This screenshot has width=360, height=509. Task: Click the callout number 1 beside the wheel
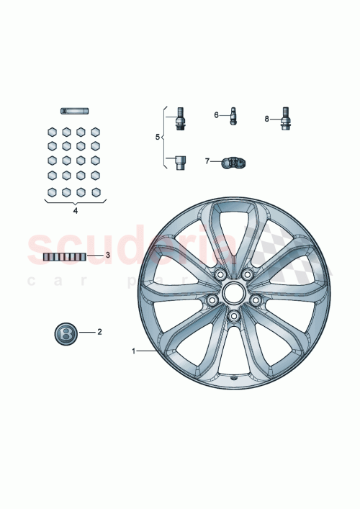pyautogui.click(x=133, y=351)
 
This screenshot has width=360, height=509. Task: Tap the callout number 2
pyautogui.click(x=99, y=332)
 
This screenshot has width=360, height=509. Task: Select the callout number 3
pyautogui.click(x=107, y=255)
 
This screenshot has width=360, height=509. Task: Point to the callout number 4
pyautogui.click(x=75, y=211)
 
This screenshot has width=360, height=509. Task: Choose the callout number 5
pyautogui.click(x=159, y=136)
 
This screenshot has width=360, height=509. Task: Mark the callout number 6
pyautogui.click(x=216, y=114)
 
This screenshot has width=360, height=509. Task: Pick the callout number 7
pyautogui.click(x=207, y=161)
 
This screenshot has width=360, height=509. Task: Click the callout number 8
pyautogui.click(x=266, y=119)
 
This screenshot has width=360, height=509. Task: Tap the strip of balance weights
pyautogui.click(x=64, y=256)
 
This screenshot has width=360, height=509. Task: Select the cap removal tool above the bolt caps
pyautogui.click(x=74, y=111)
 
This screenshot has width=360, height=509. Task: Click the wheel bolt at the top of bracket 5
pyautogui.click(x=180, y=117)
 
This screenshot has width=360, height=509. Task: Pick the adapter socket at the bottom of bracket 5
pyautogui.click(x=180, y=161)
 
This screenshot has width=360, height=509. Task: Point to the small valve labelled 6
pyautogui.click(x=233, y=115)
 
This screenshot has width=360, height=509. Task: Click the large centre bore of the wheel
pyautogui.click(x=233, y=292)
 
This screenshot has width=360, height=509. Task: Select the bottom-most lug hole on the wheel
pyautogui.click(x=233, y=315)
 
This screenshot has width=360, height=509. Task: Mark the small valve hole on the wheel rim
pyautogui.click(x=235, y=377)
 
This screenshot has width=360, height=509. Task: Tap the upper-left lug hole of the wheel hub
pyautogui.click(x=219, y=274)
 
